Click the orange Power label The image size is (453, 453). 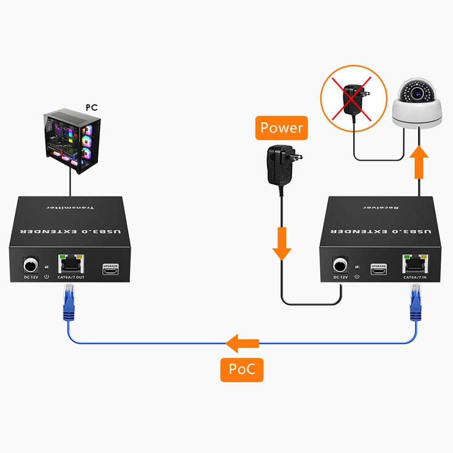coord(281,128)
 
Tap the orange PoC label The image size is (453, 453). coord(242,369)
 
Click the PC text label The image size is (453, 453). coord(91,107)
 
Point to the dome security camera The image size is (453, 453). coord(417,103)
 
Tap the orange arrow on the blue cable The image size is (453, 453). coord(242,343)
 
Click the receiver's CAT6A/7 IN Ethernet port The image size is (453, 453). coord(415,264)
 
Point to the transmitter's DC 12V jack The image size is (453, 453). coord(30,266)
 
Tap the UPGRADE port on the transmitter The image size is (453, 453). coord(110,269)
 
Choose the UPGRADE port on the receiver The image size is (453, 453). coord(378,269)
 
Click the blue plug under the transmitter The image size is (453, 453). coord(68,305)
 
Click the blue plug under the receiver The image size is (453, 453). coord(415,305)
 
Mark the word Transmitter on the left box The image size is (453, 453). coord(70,208)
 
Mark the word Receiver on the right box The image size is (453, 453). coord(381,208)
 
